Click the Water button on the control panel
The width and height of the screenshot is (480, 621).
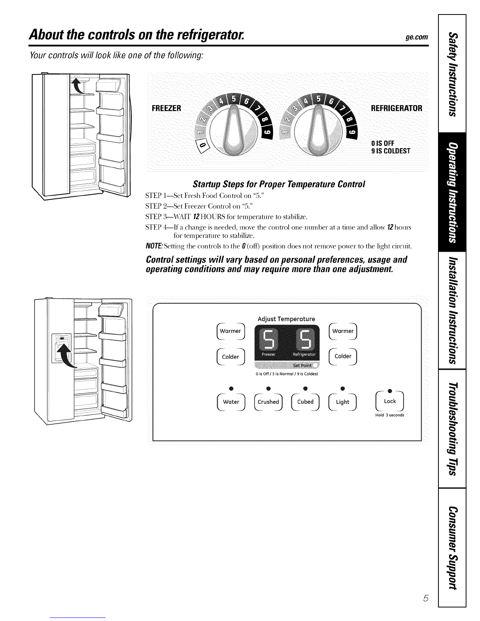coord(231,402)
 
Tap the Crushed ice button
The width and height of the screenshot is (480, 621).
coord(268,402)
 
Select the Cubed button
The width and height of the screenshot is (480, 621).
coord(305,402)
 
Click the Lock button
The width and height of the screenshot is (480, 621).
coord(390,401)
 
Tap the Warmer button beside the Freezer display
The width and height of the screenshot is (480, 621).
coord(231,331)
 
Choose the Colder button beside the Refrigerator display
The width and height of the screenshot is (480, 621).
coord(343,356)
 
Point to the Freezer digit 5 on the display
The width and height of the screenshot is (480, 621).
coord(269,340)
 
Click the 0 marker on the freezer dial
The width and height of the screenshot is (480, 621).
coord(203,146)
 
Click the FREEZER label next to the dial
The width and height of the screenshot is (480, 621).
coord(166,108)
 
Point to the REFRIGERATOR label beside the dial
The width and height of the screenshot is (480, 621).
coord(396,108)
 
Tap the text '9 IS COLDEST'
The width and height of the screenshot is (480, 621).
coord(391,151)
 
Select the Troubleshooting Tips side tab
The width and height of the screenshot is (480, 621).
coord(452,429)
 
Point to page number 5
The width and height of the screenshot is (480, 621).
coord(426,598)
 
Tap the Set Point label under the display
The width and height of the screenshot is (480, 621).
coord(302,365)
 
